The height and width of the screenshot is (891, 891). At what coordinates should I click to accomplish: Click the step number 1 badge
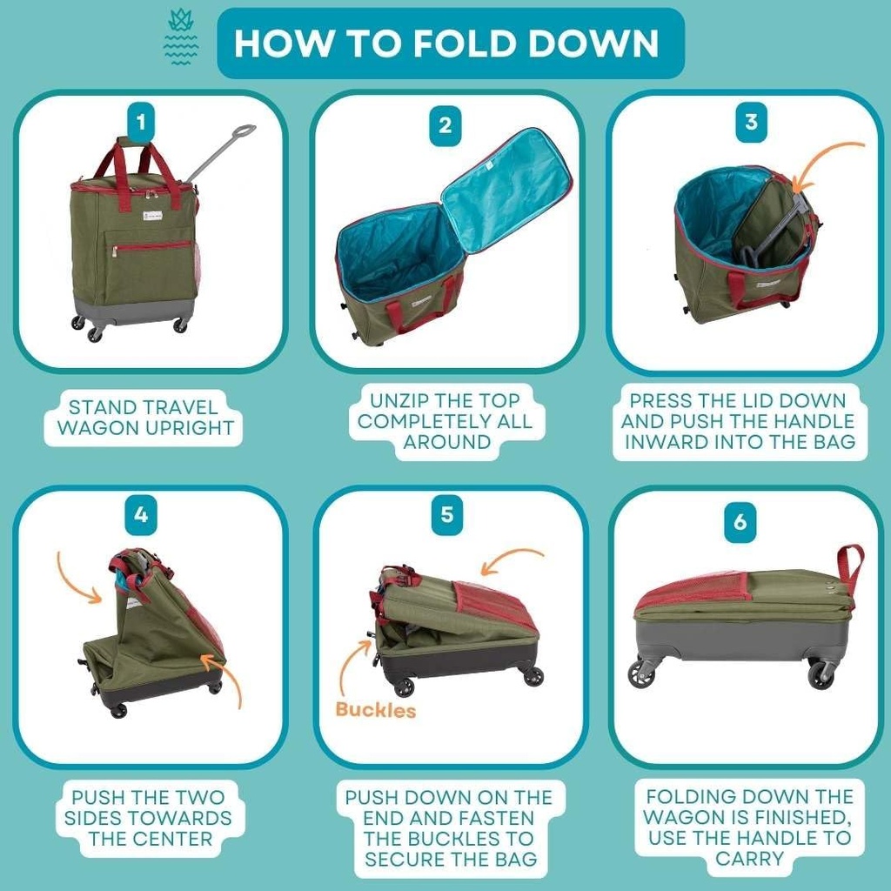pyautogui.click(x=141, y=120)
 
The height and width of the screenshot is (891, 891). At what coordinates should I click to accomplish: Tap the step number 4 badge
pyautogui.click(x=141, y=515)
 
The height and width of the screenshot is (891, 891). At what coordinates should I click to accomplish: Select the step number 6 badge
pyautogui.click(x=740, y=521)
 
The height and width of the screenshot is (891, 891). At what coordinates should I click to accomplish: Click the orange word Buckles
pyautogui.click(x=375, y=709)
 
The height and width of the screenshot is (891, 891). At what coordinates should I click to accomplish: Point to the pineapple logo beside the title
pyautogui.click(x=181, y=39)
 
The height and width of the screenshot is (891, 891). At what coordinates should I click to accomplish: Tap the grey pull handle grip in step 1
pyautogui.click(x=243, y=131)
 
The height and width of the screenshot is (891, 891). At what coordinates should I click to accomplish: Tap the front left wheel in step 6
pyautogui.click(x=642, y=673)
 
